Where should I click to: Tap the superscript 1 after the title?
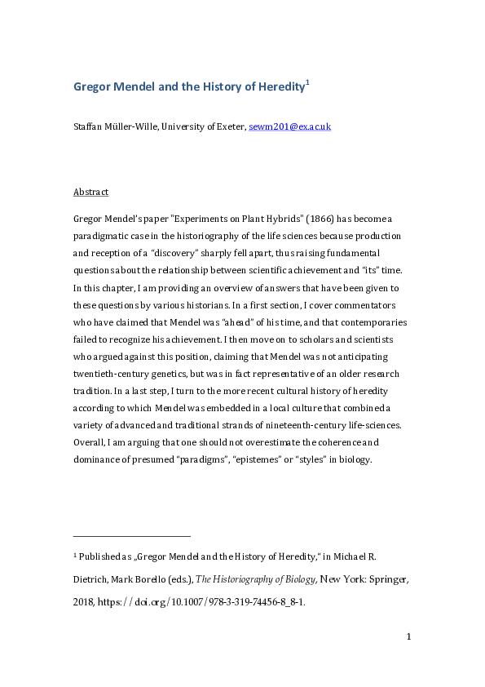tap(307, 82)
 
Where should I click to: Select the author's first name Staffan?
tap(90, 126)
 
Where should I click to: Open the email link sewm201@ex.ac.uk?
tap(301, 126)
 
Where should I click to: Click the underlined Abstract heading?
tap(90, 193)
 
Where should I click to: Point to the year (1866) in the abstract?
tap(310, 219)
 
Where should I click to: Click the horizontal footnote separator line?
tap(131, 536)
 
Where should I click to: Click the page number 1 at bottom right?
tap(408, 636)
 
